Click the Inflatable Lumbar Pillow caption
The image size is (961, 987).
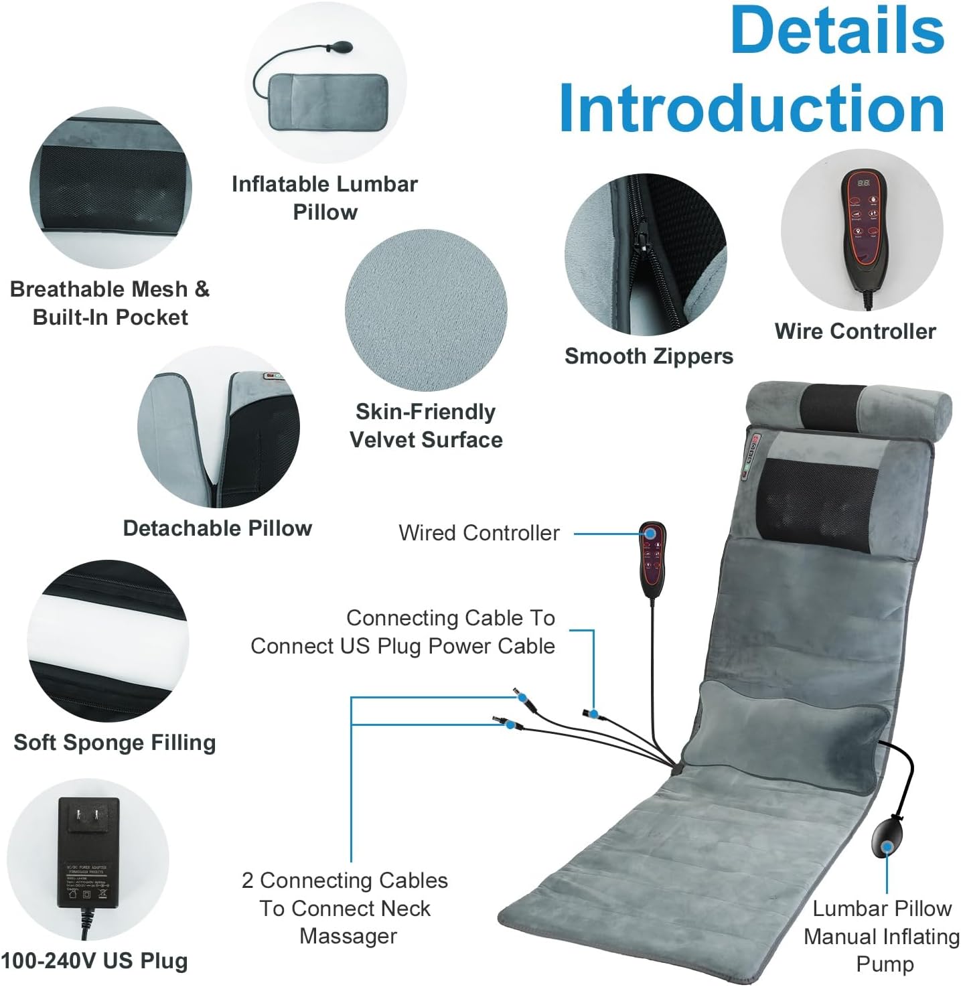click(x=325, y=198)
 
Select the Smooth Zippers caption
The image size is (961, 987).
click(x=648, y=356)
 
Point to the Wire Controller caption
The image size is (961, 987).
click(x=855, y=331)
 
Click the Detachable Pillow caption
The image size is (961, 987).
click(x=218, y=528)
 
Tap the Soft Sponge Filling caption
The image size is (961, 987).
click(x=115, y=743)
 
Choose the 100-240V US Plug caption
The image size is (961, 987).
click(x=94, y=961)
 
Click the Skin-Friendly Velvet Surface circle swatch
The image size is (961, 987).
click(x=426, y=311)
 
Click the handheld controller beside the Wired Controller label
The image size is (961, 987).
click(x=652, y=559)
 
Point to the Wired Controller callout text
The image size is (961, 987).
click(x=479, y=533)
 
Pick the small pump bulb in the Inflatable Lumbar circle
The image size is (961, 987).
click(x=340, y=50)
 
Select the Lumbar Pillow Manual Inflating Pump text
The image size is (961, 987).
click(x=882, y=936)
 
